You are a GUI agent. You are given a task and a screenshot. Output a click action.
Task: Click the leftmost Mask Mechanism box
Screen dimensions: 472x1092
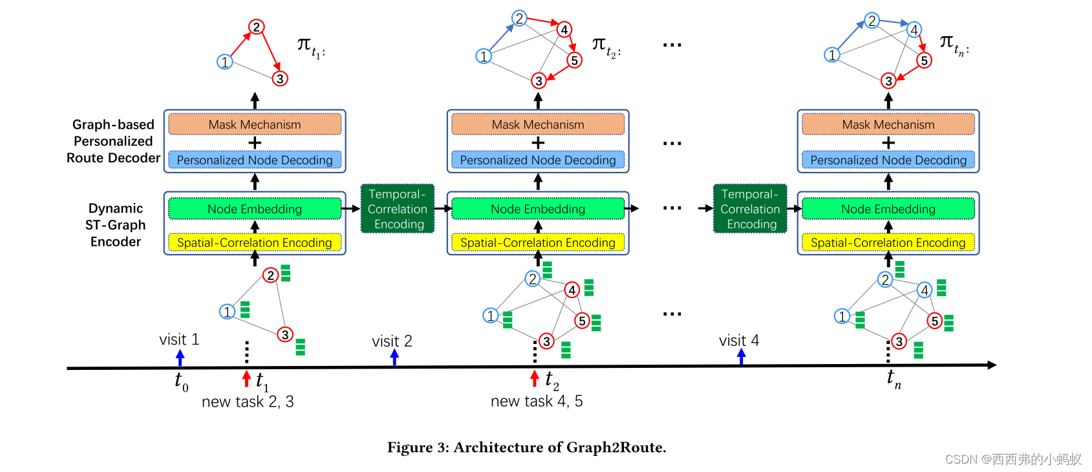pyautogui.click(x=255, y=124)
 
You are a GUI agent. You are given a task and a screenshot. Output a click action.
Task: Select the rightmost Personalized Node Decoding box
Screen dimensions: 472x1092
pyautogui.click(x=888, y=160)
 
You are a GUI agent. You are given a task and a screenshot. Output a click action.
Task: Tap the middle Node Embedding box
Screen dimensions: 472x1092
pyautogui.click(x=537, y=209)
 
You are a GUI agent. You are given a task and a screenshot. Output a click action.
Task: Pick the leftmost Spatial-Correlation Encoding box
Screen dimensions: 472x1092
pyautogui.click(x=255, y=242)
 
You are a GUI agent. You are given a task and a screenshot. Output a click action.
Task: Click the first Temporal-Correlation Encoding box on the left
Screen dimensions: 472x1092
pyautogui.click(x=397, y=209)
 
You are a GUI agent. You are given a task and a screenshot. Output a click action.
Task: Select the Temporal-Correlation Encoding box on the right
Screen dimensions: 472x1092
pyautogui.click(x=750, y=209)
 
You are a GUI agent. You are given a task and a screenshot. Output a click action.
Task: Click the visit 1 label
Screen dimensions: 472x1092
pyautogui.click(x=179, y=339)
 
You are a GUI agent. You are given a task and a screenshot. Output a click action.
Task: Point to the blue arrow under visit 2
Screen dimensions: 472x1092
pyautogui.click(x=394, y=357)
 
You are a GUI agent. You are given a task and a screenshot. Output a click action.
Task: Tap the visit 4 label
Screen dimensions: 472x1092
pyautogui.click(x=738, y=340)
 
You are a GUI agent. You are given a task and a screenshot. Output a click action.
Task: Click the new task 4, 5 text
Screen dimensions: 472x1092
pyautogui.click(x=537, y=402)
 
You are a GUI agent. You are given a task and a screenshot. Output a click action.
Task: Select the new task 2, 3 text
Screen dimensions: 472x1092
pyautogui.click(x=248, y=402)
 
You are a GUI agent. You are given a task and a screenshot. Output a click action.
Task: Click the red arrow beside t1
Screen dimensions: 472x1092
pyautogui.click(x=246, y=378)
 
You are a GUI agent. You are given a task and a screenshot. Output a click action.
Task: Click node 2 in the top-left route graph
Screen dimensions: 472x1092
pyautogui.click(x=256, y=27)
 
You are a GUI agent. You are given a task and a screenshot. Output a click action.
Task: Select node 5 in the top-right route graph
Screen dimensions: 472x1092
pyautogui.click(x=924, y=61)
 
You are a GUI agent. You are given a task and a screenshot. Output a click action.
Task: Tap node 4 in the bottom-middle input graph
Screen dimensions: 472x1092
pyautogui.click(x=572, y=290)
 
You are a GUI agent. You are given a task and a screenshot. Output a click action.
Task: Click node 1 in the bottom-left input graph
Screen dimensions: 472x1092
pyautogui.click(x=227, y=312)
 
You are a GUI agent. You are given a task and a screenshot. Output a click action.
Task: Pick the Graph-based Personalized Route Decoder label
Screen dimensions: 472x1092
pyautogui.click(x=113, y=141)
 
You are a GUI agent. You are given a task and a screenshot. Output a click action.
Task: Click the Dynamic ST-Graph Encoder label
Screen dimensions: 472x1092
pyautogui.click(x=116, y=225)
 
